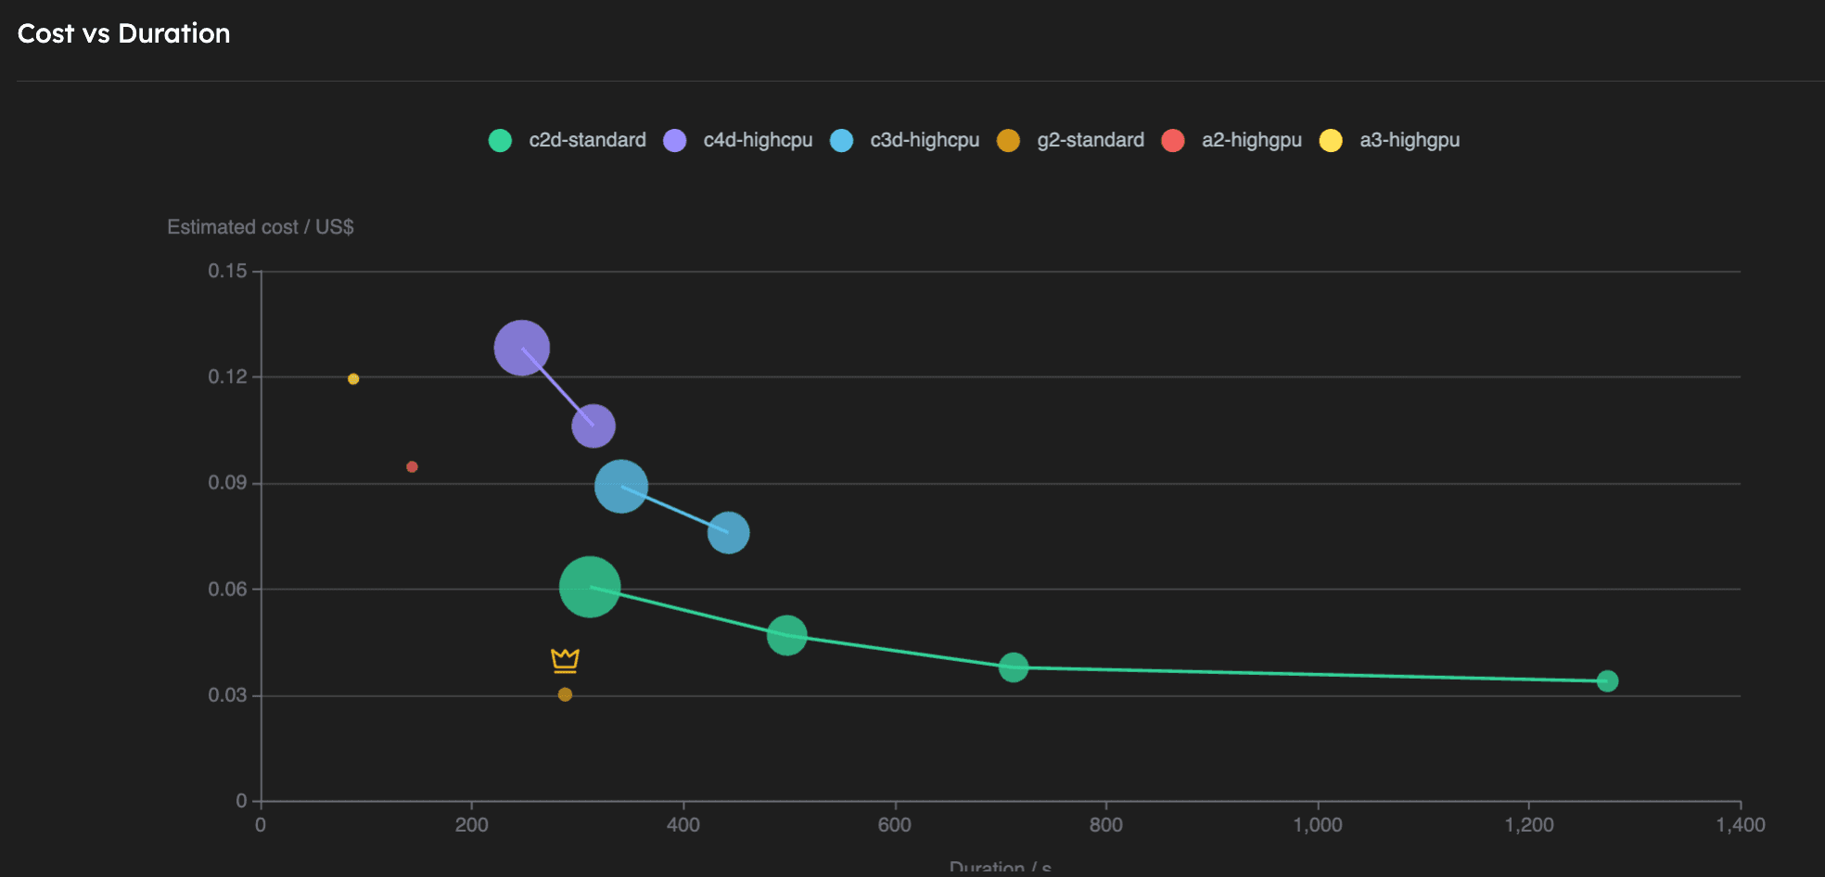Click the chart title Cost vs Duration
(x=123, y=33)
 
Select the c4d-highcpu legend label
(x=757, y=140)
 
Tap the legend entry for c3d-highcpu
(x=924, y=140)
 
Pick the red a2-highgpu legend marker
(x=1173, y=140)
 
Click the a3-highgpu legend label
(x=1409, y=140)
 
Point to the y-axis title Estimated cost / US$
(x=260, y=227)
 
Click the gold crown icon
(x=565, y=660)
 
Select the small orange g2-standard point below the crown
(x=565, y=694)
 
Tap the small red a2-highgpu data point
(x=412, y=466)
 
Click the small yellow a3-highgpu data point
(x=353, y=378)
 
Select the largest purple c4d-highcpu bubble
(x=521, y=348)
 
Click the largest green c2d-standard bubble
(x=589, y=587)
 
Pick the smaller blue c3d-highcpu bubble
(x=728, y=532)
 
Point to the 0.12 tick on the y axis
(x=227, y=376)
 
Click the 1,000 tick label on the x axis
(x=1317, y=825)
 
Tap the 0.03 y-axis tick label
(x=227, y=695)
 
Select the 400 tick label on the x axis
(x=683, y=825)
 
